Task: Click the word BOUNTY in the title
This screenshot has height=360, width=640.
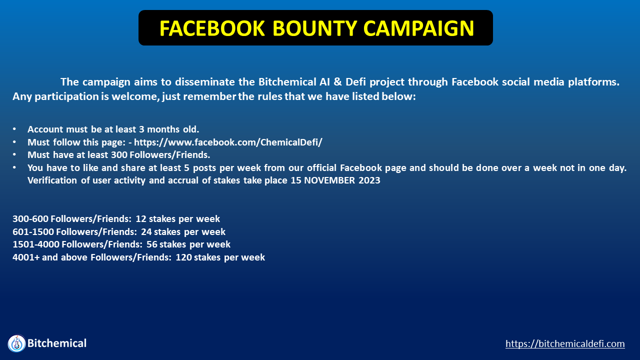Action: [314, 28]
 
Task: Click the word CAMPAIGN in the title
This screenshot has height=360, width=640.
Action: [419, 28]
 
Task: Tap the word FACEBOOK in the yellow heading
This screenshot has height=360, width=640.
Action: [212, 28]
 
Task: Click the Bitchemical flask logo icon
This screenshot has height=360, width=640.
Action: [16, 343]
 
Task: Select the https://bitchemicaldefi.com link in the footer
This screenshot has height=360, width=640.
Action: [565, 343]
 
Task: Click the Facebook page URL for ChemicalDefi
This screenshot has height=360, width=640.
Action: [228, 142]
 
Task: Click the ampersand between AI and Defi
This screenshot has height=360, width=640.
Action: [337, 82]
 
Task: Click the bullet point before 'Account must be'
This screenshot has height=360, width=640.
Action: [14, 129]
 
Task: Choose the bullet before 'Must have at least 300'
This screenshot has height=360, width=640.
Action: [14, 155]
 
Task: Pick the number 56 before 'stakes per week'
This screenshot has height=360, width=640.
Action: [151, 244]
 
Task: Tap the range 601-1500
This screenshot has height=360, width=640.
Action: [33, 231]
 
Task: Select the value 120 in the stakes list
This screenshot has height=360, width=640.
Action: [183, 257]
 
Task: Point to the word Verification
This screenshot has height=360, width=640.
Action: [52, 180]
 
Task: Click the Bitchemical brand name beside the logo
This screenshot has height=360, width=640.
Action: [57, 343]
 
